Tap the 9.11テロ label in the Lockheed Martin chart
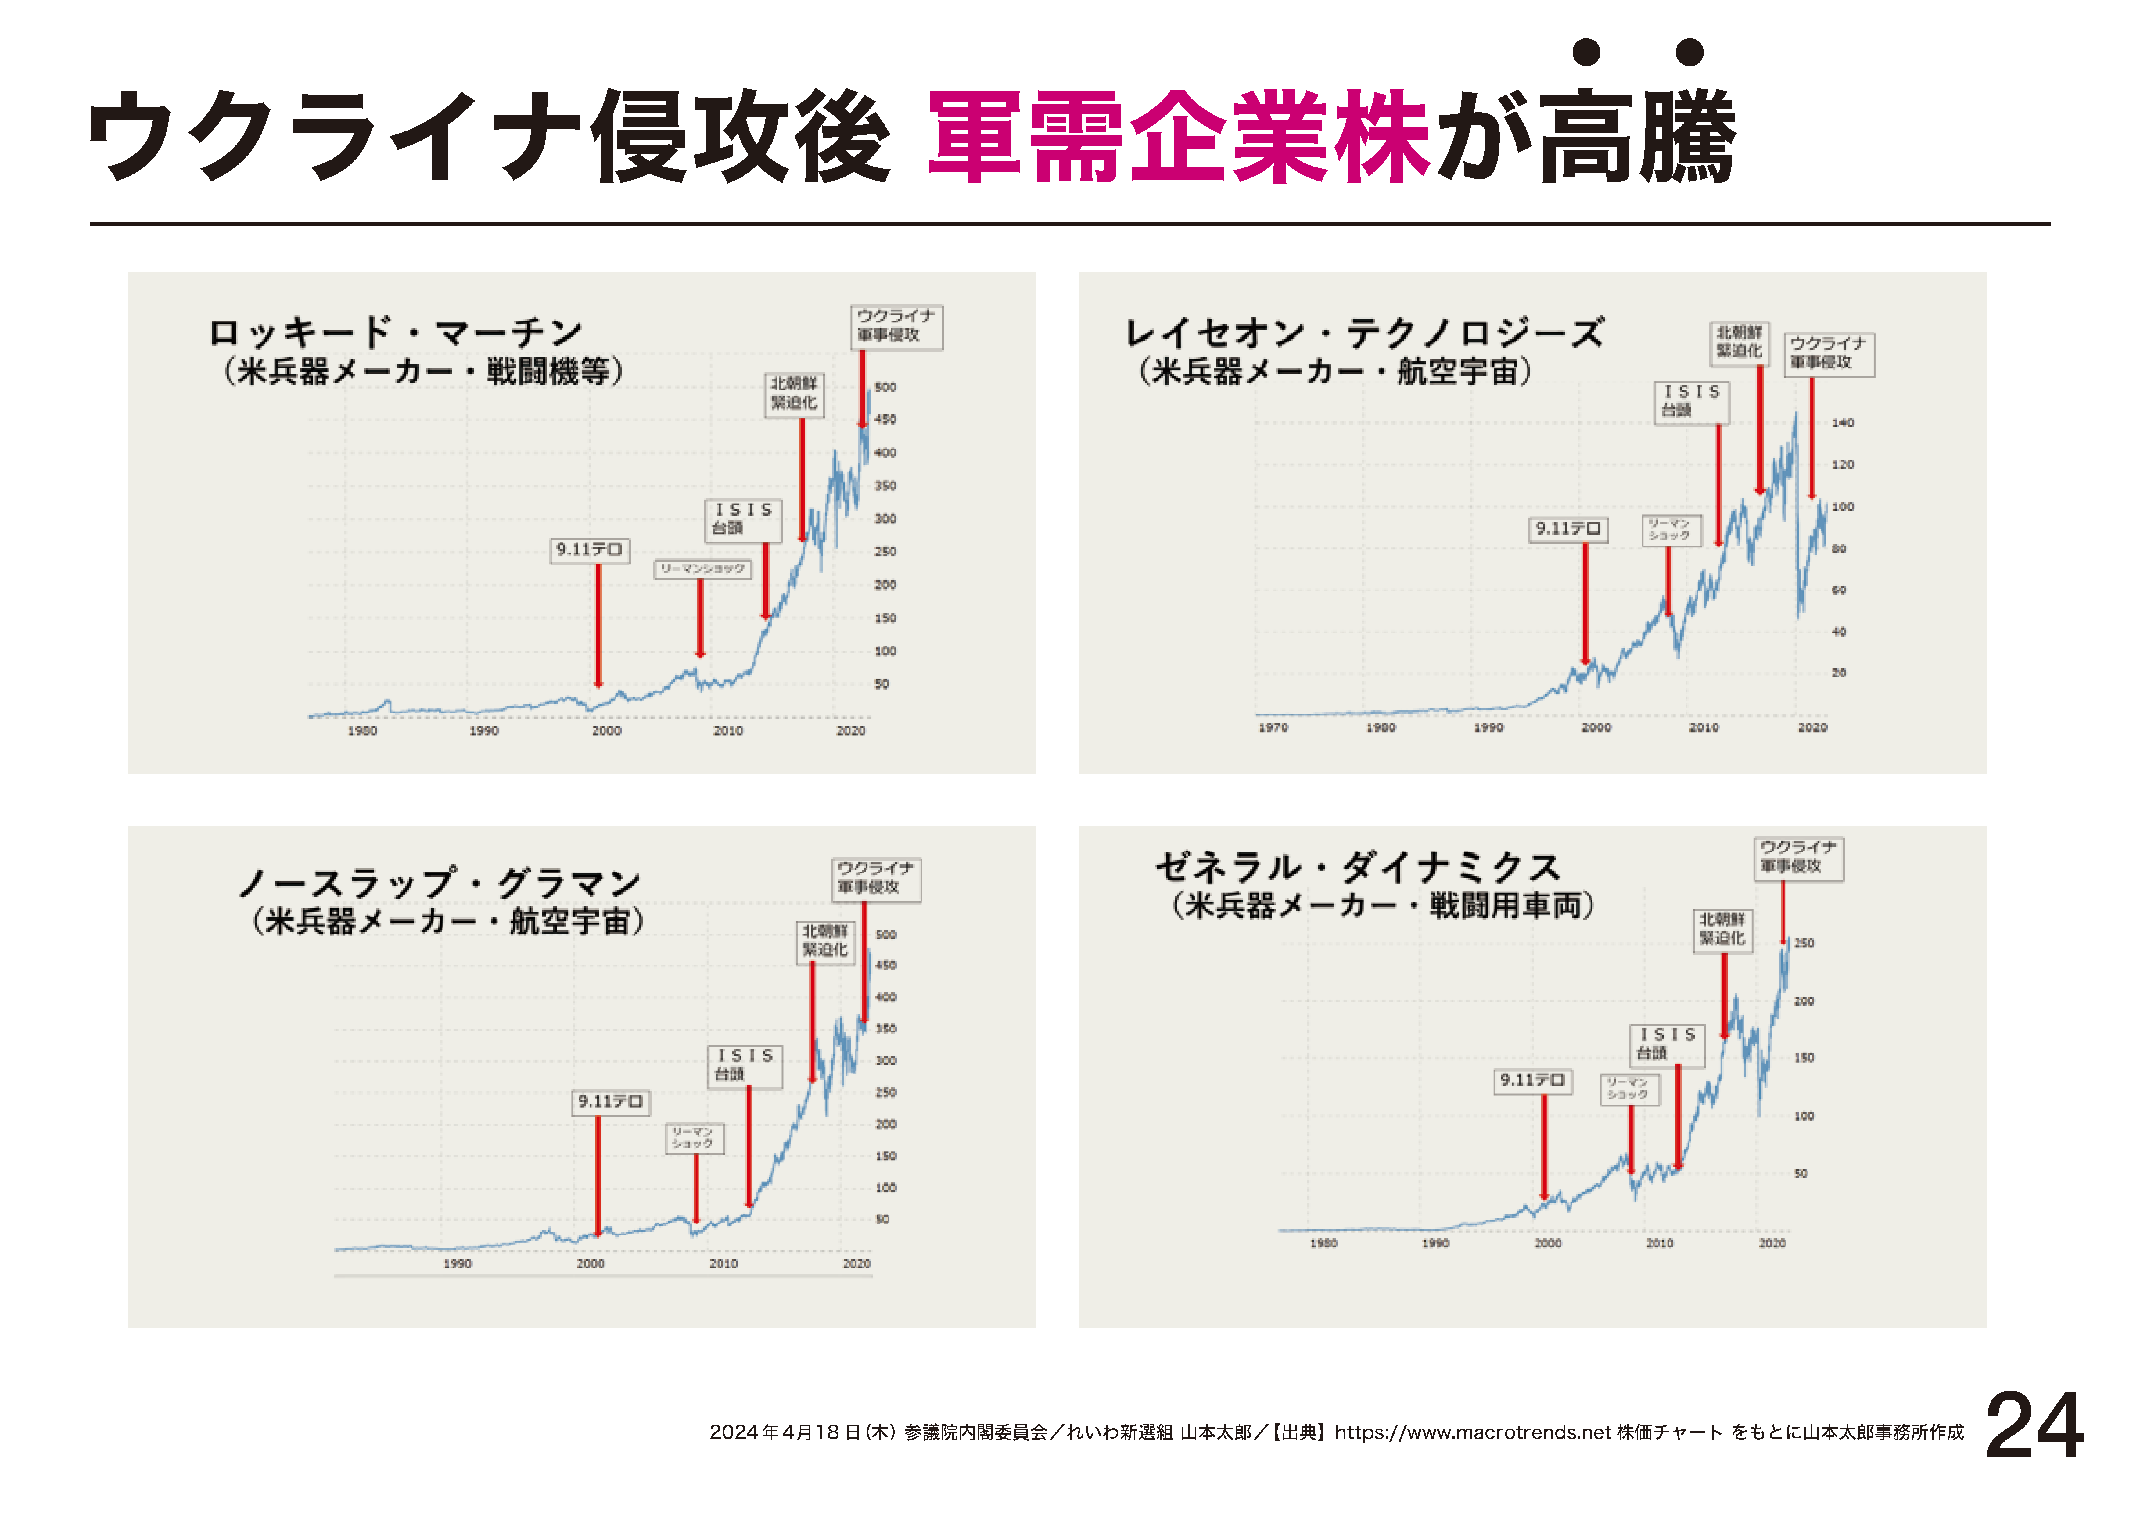click(589, 550)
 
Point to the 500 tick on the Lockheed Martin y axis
click(885, 387)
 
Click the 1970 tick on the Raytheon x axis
click(1273, 727)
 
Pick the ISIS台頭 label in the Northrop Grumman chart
click(745, 1065)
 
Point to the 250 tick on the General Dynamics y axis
click(1804, 942)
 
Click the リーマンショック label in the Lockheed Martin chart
click(702, 569)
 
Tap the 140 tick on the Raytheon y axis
click(1843, 422)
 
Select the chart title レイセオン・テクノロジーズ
click(1365, 333)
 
